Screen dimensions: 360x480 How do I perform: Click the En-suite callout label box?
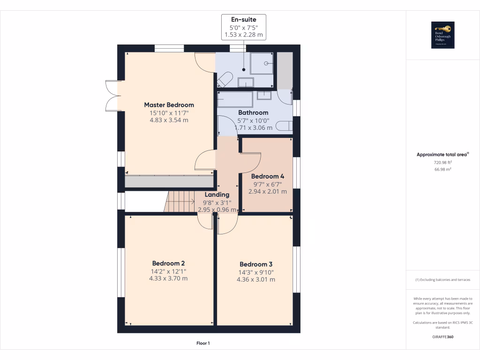(x=244, y=27)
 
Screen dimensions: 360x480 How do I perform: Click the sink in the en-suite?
(x=246, y=83)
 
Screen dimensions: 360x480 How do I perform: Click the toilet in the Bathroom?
(x=283, y=126)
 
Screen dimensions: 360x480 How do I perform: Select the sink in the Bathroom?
(x=264, y=95)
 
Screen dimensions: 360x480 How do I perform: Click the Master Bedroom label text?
(x=169, y=105)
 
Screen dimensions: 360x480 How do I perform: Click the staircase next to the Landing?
(x=181, y=202)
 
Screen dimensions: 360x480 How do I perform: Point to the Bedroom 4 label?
(x=268, y=177)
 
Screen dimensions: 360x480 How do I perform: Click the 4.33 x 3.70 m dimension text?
(x=168, y=278)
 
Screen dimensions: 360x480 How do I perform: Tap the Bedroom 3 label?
(x=256, y=264)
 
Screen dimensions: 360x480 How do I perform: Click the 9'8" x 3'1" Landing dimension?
(x=217, y=202)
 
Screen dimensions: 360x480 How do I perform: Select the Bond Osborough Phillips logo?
(x=442, y=35)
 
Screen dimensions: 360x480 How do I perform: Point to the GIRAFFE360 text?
(x=443, y=337)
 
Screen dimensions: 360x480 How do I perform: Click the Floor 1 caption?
(x=203, y=344)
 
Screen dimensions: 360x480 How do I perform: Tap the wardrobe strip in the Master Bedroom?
(x=168, y=182)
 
